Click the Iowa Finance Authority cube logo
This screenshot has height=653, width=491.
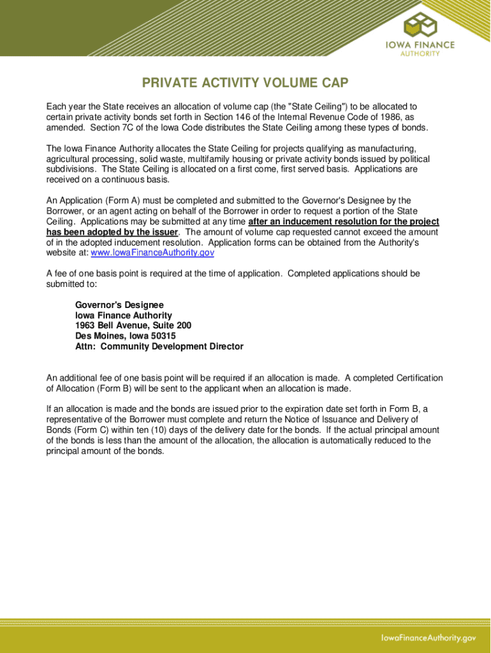tap(421, 26)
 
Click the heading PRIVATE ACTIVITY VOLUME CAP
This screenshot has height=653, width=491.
tap(245, 84)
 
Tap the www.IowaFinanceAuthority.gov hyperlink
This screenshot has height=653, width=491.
tap(152, 253)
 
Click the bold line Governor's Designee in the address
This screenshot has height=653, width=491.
tap(119, 305)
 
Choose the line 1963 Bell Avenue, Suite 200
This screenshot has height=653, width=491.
tap(133, 326)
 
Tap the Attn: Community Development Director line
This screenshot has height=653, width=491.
tap(159, 347)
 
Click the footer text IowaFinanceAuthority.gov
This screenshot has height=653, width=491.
tap(429, 638)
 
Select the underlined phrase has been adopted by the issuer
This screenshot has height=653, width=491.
tap(113, 232)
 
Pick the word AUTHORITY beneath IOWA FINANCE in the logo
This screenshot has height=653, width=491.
tap(420, 54)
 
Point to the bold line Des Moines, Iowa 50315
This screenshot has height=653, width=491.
tap(126, 336)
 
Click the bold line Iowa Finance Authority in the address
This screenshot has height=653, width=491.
tap(124, 316)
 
